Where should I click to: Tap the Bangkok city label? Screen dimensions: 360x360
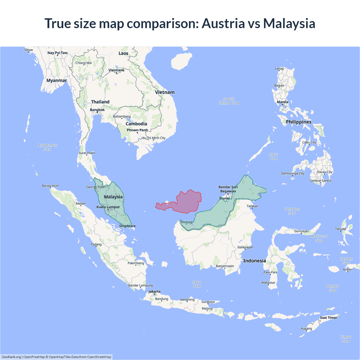pyautogui.click(x=97, y=110)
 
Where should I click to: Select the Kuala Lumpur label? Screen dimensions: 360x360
pyautogui.click(x=108, y=207)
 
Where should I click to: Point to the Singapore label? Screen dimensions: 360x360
pyautogui.click(x=127, y=226)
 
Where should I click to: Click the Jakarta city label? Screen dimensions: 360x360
pyautogui.click(x=154, y=291)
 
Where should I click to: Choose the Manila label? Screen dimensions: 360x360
pyautogui.click(x=283, y=102)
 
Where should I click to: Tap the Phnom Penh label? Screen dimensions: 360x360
pyautogui.click(x=137, y=130)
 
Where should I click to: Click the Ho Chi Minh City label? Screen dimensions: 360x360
pyautogui.click(x=153, y=138)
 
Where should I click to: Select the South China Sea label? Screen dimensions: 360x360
pyautogui.click(x=229, y=101)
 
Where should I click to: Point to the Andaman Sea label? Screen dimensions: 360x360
pyautogui.click(x=48, y=147)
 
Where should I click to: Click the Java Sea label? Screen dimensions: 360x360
pyautogui.click(x=197, y=284)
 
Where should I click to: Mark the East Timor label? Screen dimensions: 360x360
pyautogui.click(x=328, y=318)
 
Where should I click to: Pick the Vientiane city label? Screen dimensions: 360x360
pyautogui.click(x=116, y=70)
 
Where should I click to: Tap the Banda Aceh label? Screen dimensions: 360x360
pyautogui.click(x=50, y=186)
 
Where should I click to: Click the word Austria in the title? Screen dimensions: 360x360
pyautogui.click(x=223, y=23)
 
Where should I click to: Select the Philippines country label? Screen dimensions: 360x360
pyautogui.click(x=298, y=122)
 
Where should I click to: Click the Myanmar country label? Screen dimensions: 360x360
pyautogui.click(x=57, y=80)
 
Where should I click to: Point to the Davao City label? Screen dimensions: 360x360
pyautogui.click(x=325, y=172)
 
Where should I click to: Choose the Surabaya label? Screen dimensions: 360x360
pyautogui.click(x=208, y=302)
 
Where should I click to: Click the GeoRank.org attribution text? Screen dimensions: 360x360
pyautogui.click(x=11, y=357)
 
